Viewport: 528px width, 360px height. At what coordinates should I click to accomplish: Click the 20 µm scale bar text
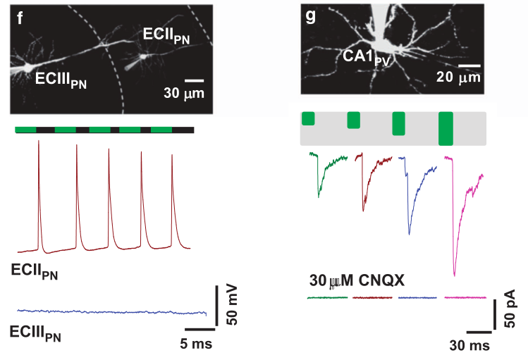coord(458,77)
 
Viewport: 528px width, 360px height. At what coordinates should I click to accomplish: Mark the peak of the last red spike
coord(172,156)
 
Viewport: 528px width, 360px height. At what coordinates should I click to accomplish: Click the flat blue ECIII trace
coord(113,311)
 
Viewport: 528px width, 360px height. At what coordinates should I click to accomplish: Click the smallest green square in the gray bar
coord(308,118)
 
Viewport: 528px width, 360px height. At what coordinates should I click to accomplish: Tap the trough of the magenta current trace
coord(455,275)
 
